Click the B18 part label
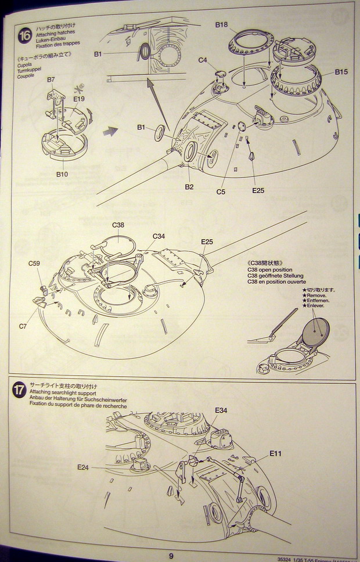[221, 25]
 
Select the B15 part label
[341, 72]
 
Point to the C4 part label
[203, 60]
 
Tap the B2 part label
[189, 186]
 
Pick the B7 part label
[51, 79]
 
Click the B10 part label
[62, 174]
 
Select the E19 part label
[79, 99]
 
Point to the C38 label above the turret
[118, 225]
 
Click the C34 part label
[159, 236]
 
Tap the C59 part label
[34, 264]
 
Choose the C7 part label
[23, 326]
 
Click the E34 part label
[221, 410]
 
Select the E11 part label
[275, 453]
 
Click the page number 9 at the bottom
[172, 556]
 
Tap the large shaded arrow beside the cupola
[109, 132]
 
